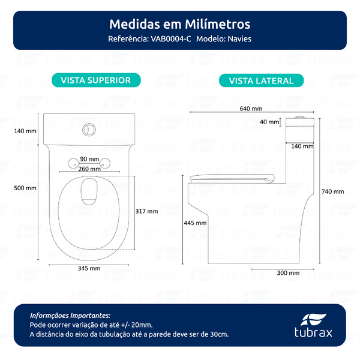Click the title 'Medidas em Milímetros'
coord(180,25)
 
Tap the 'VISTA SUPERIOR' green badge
coord(96,80)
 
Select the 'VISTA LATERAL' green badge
coord(261,80)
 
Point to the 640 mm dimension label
coord(251,109)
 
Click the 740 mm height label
coord(333,191)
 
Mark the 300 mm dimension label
coord(289,272)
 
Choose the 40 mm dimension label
coord(269,122)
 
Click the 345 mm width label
coord(90,268)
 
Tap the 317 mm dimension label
coord(147,211)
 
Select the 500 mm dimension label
coord(25,188)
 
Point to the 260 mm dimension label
coord(89,169)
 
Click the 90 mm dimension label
coord(89,158)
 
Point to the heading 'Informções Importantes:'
coord(70,314)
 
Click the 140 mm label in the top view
coord(25,131)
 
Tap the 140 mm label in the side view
coord(301,146)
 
